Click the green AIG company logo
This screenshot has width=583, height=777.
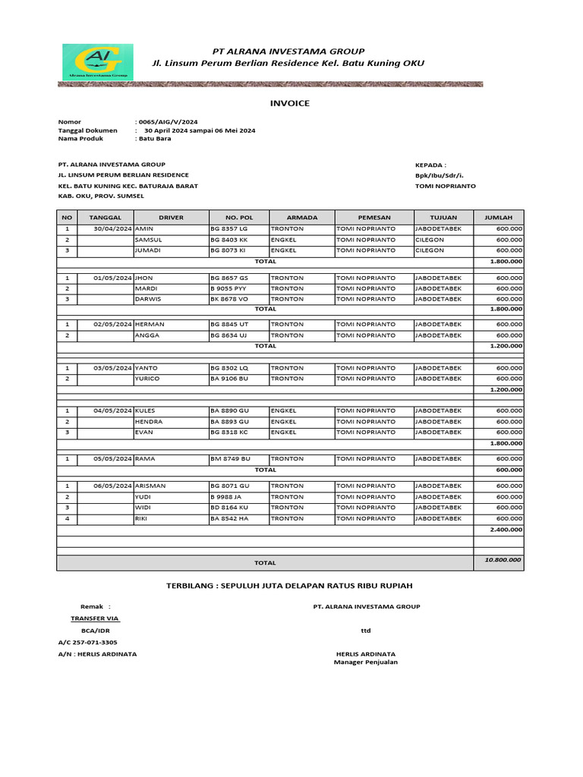click(97, 61)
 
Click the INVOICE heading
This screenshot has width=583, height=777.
click(290, 103)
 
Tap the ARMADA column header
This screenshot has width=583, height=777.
click(302, 217)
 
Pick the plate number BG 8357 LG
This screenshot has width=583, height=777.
click(228, 228)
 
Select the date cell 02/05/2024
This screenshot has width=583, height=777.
click(113, 324)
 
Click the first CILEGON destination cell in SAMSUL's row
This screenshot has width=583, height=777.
click(430, 239)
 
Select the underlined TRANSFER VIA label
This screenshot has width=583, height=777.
click(95, 618)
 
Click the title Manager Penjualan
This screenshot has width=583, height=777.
click(365, 662)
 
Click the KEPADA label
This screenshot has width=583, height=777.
click(430, 164)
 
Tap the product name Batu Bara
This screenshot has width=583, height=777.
click(154, 139)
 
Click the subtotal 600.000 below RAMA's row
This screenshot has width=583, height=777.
click(509, 470)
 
